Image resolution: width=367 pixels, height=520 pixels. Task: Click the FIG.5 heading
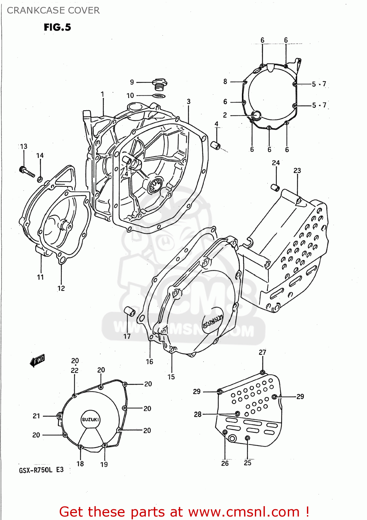pyautogui.click(x=57, y=27)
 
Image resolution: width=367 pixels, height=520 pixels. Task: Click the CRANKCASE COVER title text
pyautogui.click(x=53, y=10)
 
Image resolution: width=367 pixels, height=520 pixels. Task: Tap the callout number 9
pyautogui.click(x=132, y=82)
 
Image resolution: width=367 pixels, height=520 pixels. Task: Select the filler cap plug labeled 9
pyautogui.click(x=159, y=84)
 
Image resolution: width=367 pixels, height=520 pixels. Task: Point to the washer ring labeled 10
pyautogui.click(x=159, y=96)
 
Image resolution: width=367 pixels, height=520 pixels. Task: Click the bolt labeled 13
pyautogui.click(x=27, y=172)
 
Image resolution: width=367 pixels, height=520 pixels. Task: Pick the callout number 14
pyautogui.click(x=40, y=156)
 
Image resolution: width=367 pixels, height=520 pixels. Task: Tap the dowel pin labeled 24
pyautogui.click(x=275, y=188)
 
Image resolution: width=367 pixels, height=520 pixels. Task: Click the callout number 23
pyautogui.click(x=297, y=171)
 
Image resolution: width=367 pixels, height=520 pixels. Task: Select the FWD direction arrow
pyautogui.click(x=37, y=361)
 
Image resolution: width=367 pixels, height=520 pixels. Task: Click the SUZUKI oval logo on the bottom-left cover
pyautogui.click(x=90, y=419)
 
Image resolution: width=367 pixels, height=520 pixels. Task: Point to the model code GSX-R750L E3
pyautogui.click(x=41, y=470)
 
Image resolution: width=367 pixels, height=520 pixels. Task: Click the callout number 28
pyautogui.click(x=198, y=414)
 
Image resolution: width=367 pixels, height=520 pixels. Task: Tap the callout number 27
pyautogui.click(x=262, y=352)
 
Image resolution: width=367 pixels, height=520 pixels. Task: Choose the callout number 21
pyautogui.click(x=36, y=416)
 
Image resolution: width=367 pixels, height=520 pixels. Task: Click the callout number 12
pyautogui.click(x=61, y=288)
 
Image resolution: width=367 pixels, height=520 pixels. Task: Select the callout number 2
pyautogui.click(x=225, y=115)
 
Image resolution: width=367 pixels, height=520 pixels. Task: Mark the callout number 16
pyautogui.click(x=149, y=362)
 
